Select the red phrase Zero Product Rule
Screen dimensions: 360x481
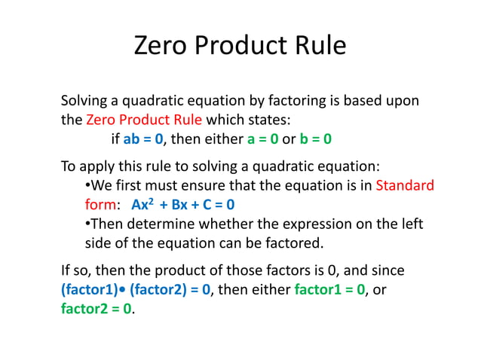(145, 119)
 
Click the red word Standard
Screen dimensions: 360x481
(405, 185)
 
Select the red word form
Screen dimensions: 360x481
(99, 204)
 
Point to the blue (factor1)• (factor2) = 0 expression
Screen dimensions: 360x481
(135, 289)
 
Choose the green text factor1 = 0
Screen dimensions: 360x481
(329, 289)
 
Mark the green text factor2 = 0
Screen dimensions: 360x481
(95, 309)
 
